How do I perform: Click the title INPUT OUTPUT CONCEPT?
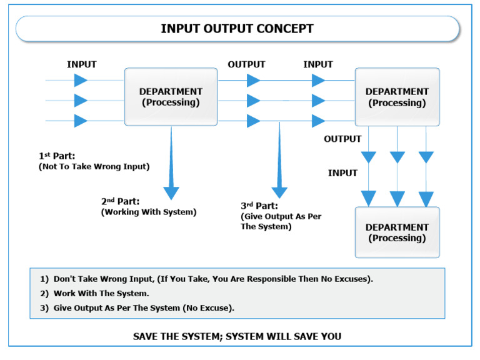coord(237,29)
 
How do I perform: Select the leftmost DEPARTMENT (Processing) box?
coord(171,97)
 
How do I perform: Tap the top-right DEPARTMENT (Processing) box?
coord(397,97)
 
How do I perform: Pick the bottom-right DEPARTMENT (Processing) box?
coord(397,232)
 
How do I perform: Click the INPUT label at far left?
coord(82,64)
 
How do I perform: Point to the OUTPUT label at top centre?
coord(246,64)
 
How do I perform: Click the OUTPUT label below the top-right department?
coord(342,139)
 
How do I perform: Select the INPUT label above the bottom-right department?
coord(342,173)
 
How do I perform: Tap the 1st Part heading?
coord(57,155)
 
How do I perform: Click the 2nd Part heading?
coord(120,201)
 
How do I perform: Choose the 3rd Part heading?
coord(260,205)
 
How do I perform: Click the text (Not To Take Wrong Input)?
coord(94,166)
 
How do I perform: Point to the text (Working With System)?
coord(149,212)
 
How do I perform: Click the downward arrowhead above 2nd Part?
coord(171,193)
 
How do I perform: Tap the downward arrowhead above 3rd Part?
coord(279,192)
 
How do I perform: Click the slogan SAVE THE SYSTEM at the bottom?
coord(237,336)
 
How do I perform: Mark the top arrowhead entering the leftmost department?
coord(81,80)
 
